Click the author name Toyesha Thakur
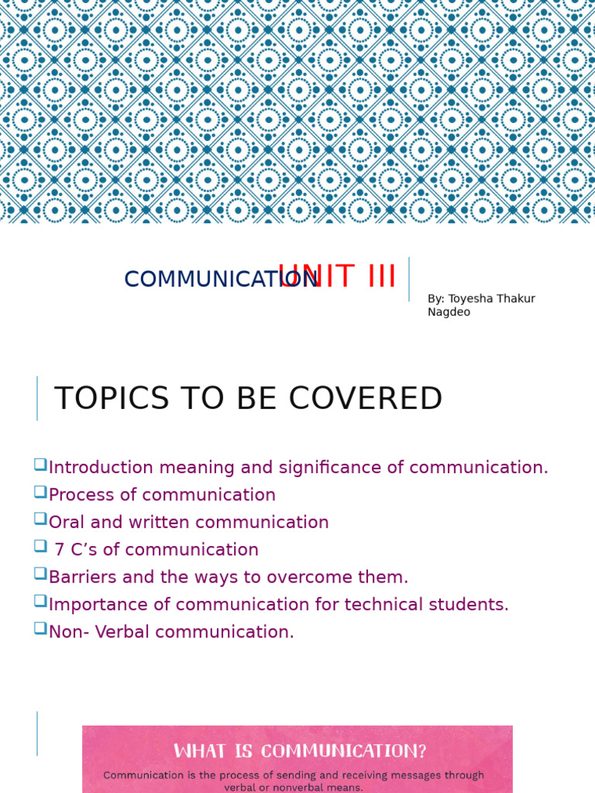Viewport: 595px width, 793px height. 491,299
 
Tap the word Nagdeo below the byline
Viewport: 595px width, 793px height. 449,312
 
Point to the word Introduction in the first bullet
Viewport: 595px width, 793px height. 101,468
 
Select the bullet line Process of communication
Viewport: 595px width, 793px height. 162,495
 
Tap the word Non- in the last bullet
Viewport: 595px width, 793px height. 67,632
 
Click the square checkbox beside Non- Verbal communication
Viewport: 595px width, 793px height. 40,628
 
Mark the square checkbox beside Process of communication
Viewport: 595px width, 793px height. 40,491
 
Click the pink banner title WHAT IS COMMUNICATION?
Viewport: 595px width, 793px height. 300,751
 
